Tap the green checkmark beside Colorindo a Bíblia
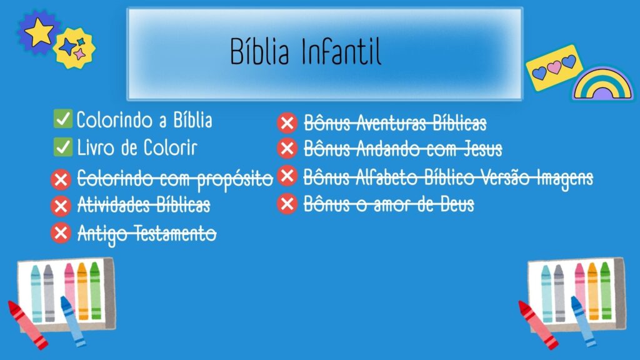[x=63, y=119]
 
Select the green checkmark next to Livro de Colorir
[x=63, y=147]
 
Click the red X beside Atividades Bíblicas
[x=61, y=206]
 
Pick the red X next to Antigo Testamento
[x=61, y=232]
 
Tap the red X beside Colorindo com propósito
[x=61, y=179]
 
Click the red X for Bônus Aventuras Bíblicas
[x=287, y=123]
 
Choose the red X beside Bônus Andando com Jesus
[x=287, y=149]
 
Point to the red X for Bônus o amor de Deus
[x=287, y=204]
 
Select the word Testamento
[x=176, y=234]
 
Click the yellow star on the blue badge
[x=39, y=31]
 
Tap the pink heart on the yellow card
[x=554, y=67]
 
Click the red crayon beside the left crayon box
[x=27, y=325]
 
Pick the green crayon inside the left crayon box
[x=96, y=291]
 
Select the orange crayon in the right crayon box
[x=593, y=291]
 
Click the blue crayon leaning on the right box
[x=582, y=322]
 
